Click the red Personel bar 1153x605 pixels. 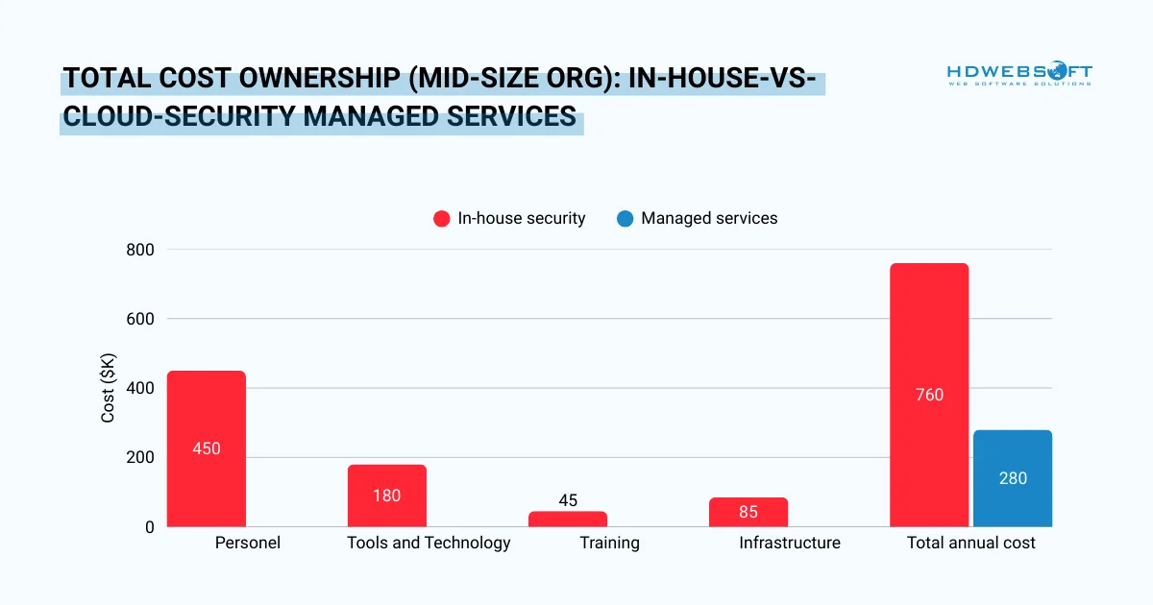coord(206,448)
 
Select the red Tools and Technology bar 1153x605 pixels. coord(386,496)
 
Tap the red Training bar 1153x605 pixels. coord(567,519)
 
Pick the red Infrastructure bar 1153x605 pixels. coord(748,512)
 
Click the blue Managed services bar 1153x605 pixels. coord(1012,478)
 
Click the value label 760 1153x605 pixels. coord(929,395)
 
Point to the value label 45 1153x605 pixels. coord(567,500)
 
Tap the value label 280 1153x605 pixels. coord(1012,478)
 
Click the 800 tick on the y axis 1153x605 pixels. coord(141,250)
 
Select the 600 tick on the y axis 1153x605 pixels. coord(141,319)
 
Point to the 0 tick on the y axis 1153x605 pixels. coord(149,527)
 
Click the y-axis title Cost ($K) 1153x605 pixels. coord(109,388)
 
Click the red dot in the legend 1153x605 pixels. coord(442,219)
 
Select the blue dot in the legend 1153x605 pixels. coord(626,219)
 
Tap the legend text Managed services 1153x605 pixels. coord(709,218)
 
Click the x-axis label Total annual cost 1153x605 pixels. coord(970,544)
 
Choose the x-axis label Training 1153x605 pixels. coord(609,544)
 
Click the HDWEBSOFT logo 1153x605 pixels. coord(1018,74)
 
